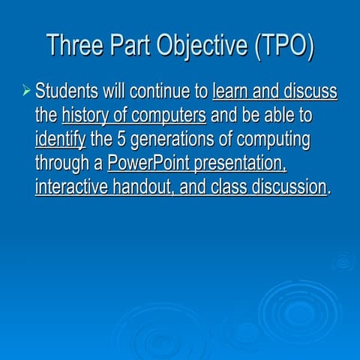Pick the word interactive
point(71,186)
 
